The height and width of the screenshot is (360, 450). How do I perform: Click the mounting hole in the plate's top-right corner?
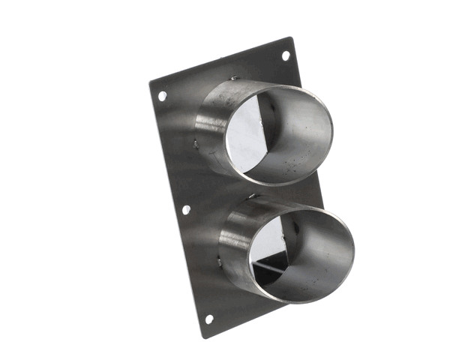click(285, 55)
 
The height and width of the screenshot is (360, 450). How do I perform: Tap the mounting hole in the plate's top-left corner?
click(162, 96)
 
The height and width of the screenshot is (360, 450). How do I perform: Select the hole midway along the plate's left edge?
click(186, 209)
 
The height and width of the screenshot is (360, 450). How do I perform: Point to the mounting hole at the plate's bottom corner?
click(209, 319)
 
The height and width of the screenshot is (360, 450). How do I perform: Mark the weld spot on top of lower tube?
click(253, 196)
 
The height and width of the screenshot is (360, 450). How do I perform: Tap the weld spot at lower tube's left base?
click(219, 261)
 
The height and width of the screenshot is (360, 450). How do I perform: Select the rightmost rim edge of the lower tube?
click(353, 251)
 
